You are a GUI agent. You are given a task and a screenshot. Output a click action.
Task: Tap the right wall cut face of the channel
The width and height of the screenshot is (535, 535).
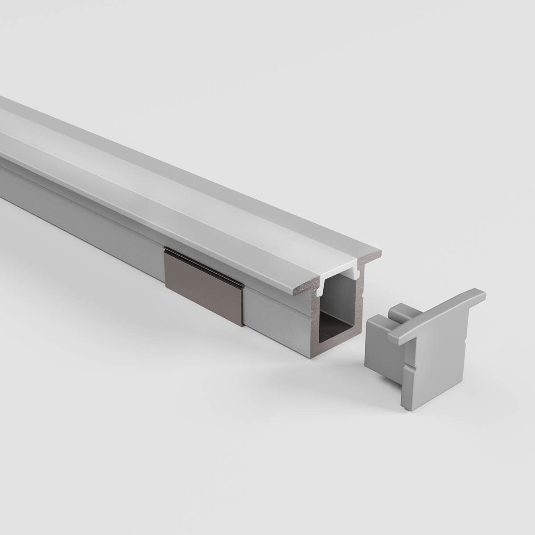point(360,303)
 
